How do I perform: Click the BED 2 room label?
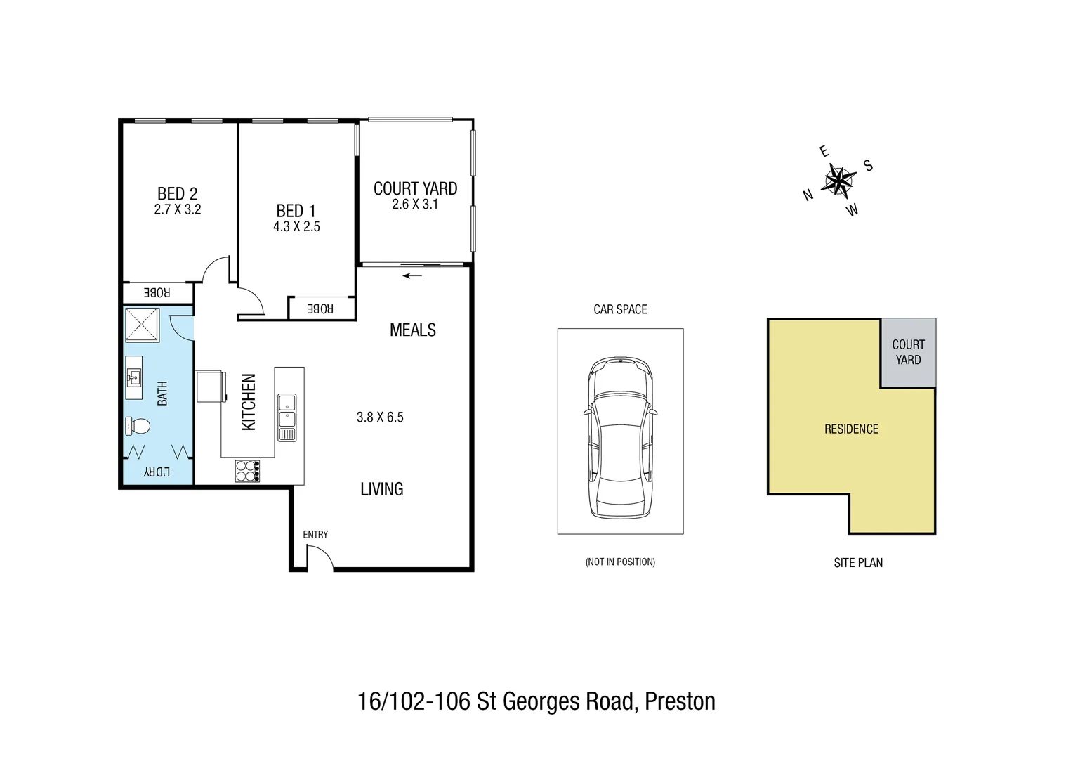(x=177, y=193)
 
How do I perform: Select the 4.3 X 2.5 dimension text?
(x=296, y=227)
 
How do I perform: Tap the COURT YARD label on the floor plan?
(x=415, y=188)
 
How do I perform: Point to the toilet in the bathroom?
(x=138, y=426)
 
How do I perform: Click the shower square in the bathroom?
(x=143, y=325)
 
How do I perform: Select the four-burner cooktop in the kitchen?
(x=247, y=470)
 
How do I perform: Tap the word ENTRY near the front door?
(x=315, y=535)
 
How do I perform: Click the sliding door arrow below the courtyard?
(x=413, y=275)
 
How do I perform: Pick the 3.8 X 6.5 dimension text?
(x=380, y=417)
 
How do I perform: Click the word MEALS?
(x=412, y=330)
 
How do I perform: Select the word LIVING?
(x=381, y=489)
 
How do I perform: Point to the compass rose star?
(x=838, y=181)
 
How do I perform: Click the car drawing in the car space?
(x=620, y=437)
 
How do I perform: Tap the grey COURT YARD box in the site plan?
(x=908, y=352)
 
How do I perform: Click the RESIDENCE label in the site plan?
(x=851, y=429)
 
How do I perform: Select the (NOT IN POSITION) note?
(x=620, y=562)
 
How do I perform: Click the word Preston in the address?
(x=680, y=701)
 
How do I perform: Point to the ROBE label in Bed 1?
(x=320, y=309)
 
